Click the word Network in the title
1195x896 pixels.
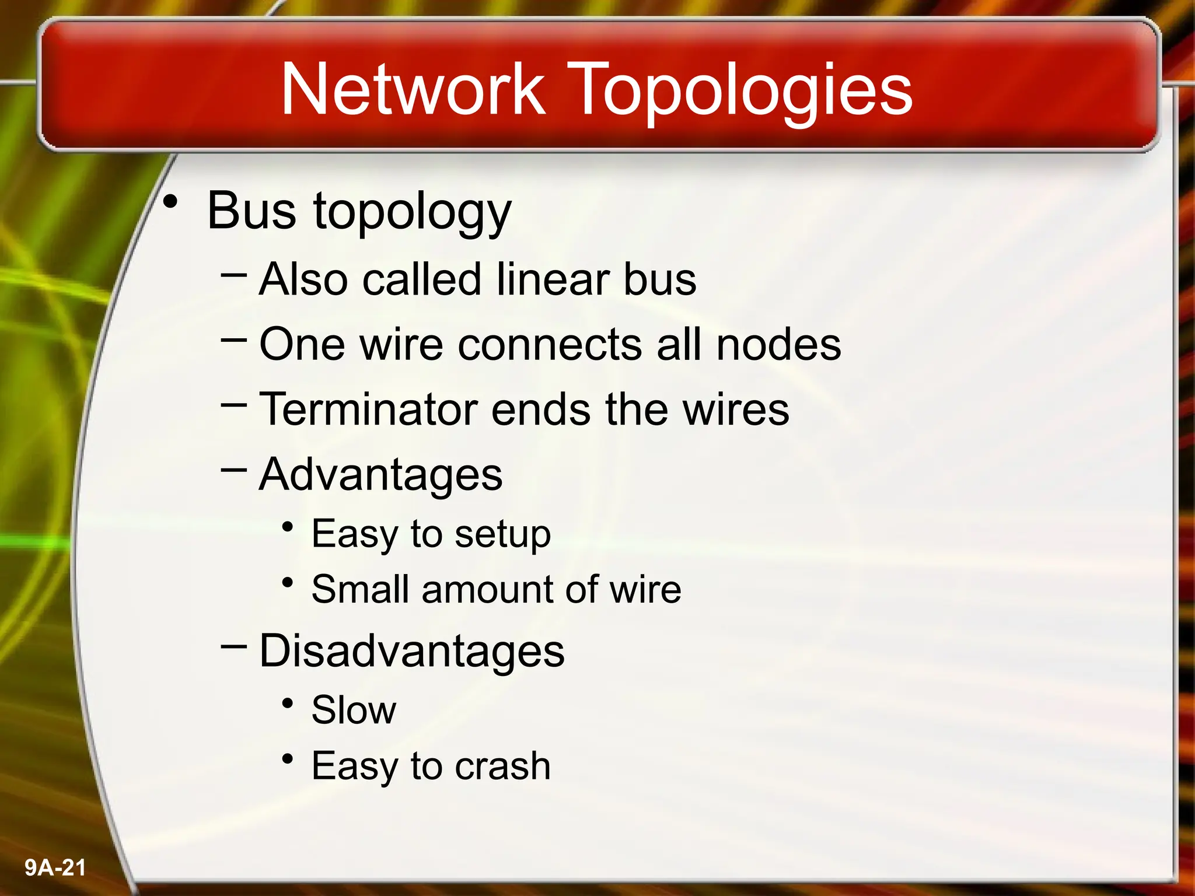click(413, 89)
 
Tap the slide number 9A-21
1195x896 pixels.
click(55, 867)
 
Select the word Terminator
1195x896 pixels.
click(368, 409)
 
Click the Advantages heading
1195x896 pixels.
click(380, 475)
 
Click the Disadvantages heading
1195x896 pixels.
click(411, 651)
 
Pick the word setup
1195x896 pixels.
click(502, 534)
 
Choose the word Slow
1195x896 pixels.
click(354, 710)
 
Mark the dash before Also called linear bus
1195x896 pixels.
click(234, 273)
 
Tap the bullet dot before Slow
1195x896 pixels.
click(287, 703)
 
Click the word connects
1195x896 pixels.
click(550, 344)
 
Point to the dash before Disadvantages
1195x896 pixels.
click(234, 645)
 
